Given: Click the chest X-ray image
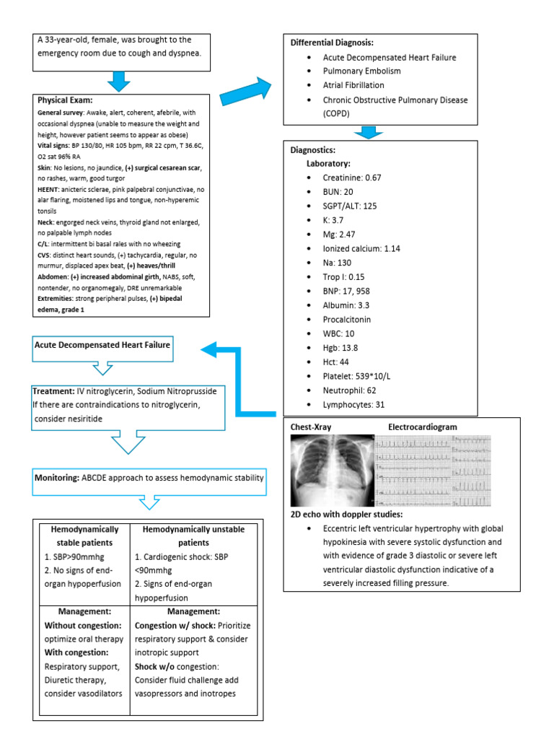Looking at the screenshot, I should pyautogui.click(x=331, y=471).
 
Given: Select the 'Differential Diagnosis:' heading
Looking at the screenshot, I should pyautogui.click(x=332, y=43).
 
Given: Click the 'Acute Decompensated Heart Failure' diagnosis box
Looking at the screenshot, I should pyautogui.click(x=102, y=345).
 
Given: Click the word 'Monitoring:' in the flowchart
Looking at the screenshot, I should pyautogui.click(x=58, y=478).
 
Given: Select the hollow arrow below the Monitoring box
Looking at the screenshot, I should pyautogui.click(x=147, y=503).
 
